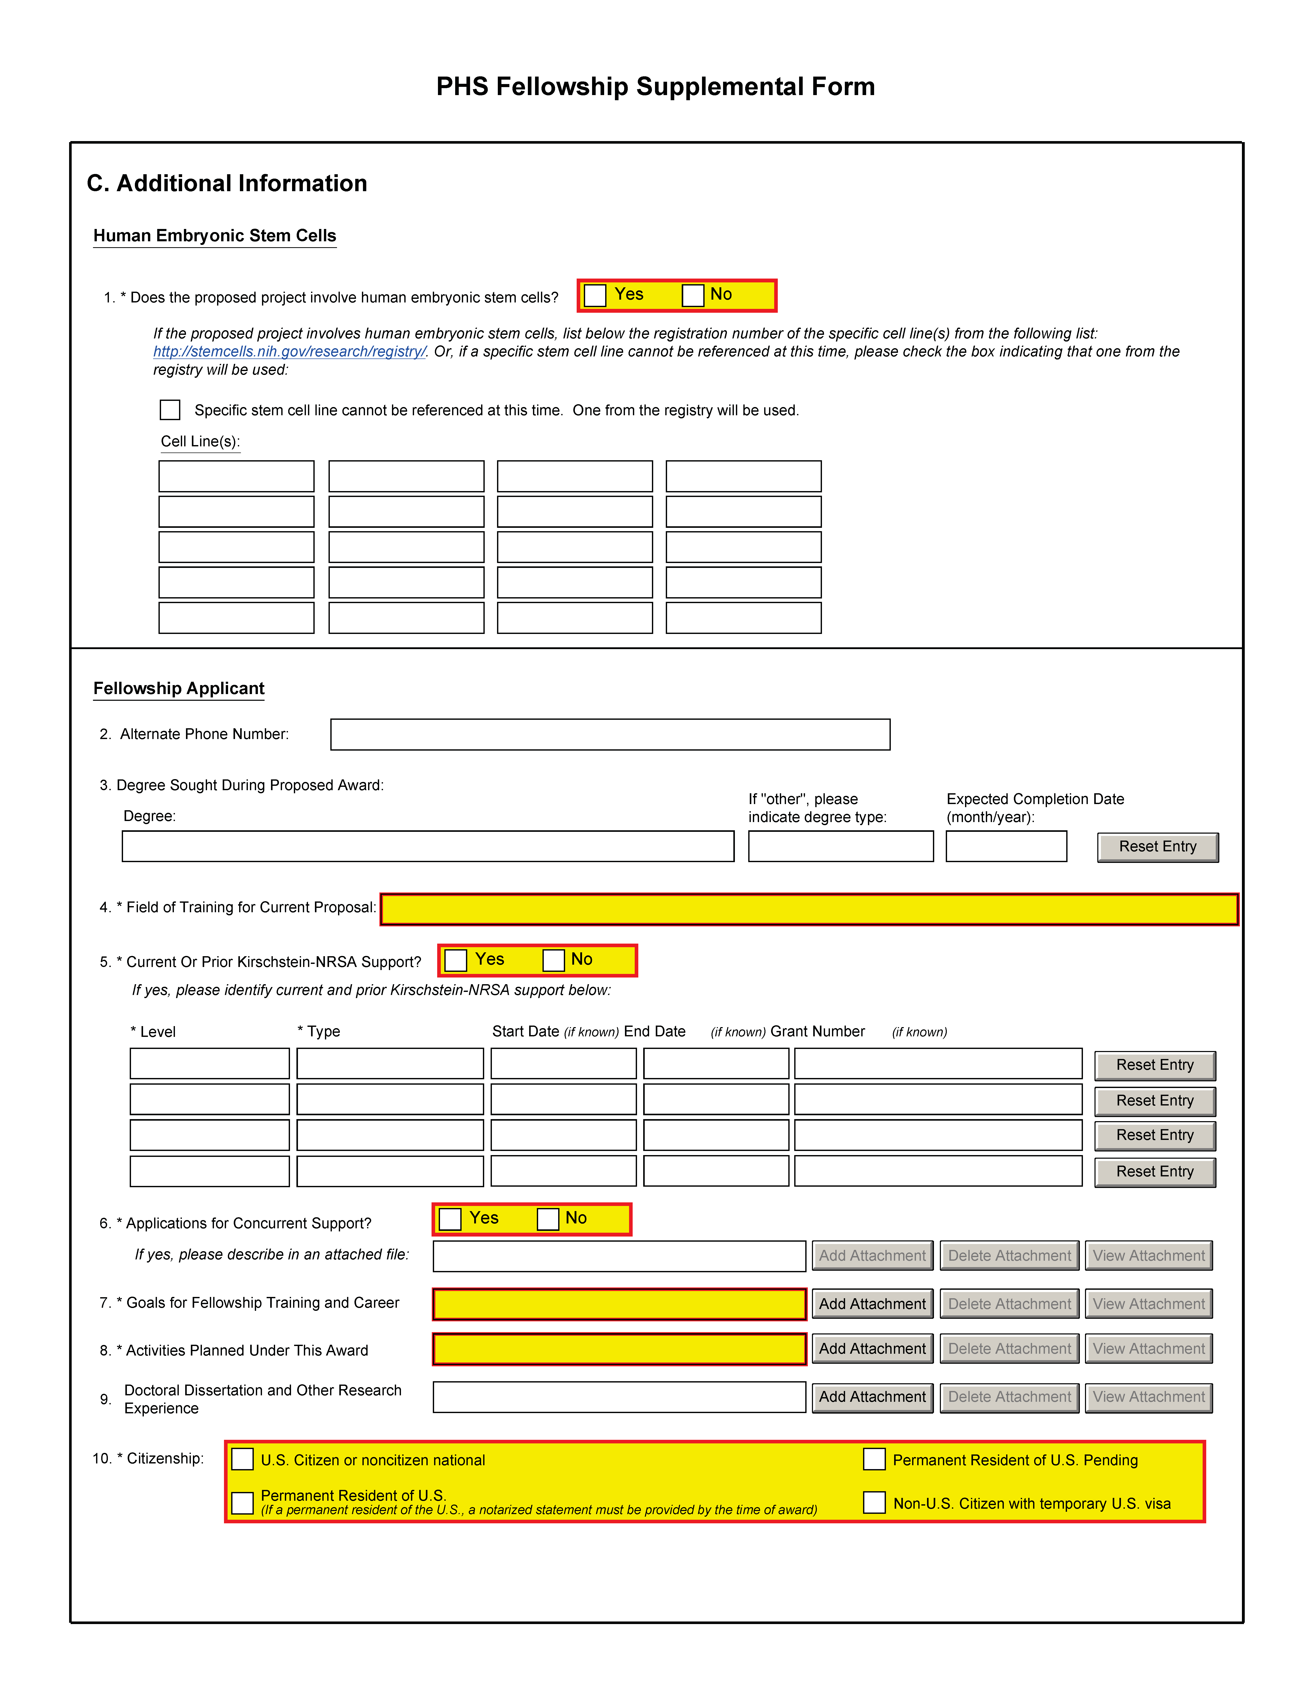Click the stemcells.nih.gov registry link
(x=289, y=352)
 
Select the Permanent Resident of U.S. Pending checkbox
(x=875, y=1459)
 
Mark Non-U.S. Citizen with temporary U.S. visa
(x=875, y=1503)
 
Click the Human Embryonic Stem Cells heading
(x=214, y=236)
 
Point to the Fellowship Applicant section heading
(x=179, y=689)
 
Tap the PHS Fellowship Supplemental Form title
(x=655, y=86)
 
